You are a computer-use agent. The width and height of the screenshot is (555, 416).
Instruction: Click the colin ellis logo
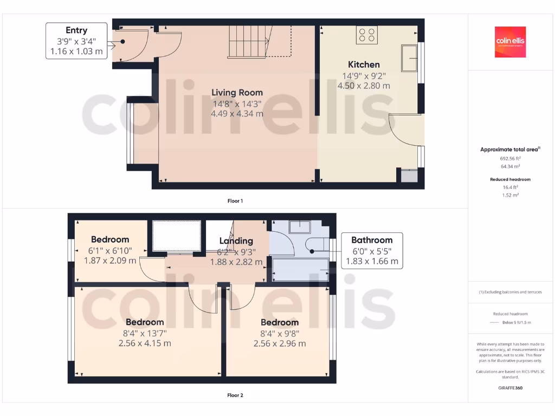click(x=510, y=42)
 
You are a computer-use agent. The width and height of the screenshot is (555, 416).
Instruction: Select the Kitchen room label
click(x=364, y=64)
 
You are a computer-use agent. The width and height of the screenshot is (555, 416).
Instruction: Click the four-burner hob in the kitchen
click(x=367, y=35)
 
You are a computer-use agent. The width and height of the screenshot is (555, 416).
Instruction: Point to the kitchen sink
click(x=409, y=58)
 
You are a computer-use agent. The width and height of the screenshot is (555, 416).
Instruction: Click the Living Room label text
click(x=237, y=93)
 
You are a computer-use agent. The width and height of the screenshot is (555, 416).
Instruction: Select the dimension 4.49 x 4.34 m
click(x=237, y=114)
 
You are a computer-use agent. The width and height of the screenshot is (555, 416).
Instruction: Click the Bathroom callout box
click(x=372, y=250)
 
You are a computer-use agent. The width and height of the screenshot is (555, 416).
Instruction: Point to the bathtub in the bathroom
click(x=300, y=269)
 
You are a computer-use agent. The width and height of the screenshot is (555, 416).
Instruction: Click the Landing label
click(x=236, y=241)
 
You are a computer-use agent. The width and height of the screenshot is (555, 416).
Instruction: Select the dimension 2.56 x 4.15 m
click(x=145, y=343)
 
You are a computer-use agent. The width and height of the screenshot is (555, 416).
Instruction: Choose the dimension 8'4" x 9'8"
click(x=279, y=333)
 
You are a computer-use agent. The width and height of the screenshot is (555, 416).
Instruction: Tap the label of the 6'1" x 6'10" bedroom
click(x=110, y=239)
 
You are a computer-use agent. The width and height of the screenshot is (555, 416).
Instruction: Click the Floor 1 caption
click(x=235, y=201)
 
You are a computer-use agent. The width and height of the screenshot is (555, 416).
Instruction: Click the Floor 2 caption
click(x=235, y=395)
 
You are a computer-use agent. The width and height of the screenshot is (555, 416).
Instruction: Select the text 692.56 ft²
click(x=510, y=159)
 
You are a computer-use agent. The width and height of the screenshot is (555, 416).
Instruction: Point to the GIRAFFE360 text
click(x=510, y=388)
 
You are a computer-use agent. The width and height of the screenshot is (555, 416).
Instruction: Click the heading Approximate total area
click(x=509, y=149)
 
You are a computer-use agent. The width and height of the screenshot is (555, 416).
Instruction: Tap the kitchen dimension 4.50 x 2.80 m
click(x=364, y=86)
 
